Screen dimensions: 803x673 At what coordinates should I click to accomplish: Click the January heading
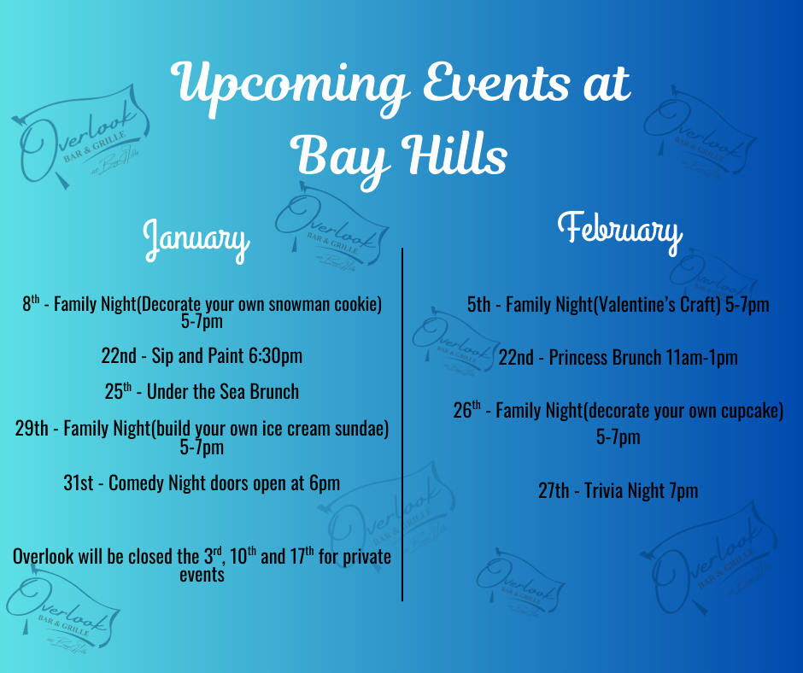point(196,240)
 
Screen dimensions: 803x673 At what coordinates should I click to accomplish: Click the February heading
point(619,231)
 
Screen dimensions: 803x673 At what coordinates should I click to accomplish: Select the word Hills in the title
point(454,154)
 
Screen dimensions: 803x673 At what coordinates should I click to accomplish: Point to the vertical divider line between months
point(402,424)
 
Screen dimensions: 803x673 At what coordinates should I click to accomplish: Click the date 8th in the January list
point(31,304)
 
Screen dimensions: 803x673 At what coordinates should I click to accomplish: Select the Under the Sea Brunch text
point(223,392)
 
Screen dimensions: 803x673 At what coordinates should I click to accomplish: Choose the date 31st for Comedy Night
point(79,483)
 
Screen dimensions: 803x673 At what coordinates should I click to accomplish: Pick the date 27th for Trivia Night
point(554,491)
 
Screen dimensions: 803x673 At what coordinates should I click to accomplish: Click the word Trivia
point(603,491)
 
